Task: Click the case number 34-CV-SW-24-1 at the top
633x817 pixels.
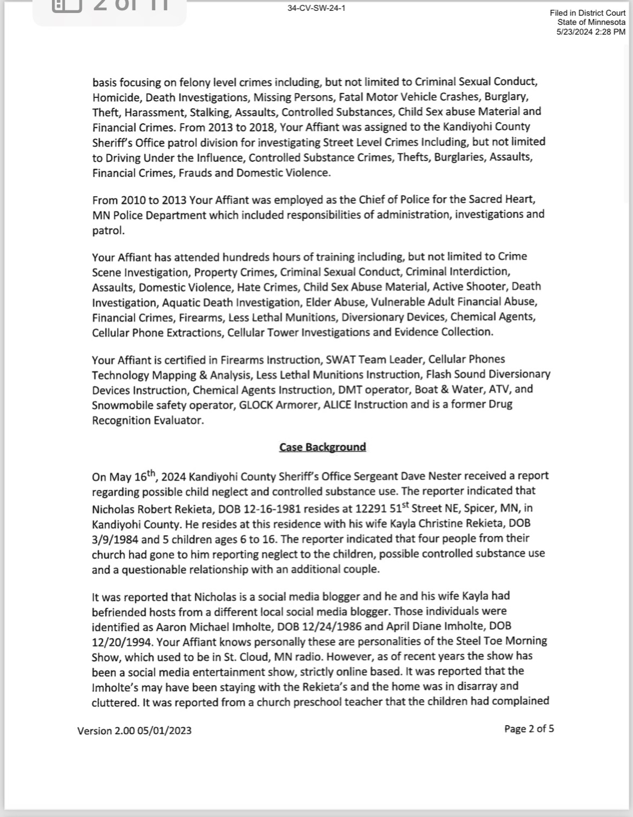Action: pos(316,9)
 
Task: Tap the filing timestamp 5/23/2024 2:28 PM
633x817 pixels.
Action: pos(591,32)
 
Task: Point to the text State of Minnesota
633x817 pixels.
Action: pos(591,22)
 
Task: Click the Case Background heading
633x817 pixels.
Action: pos(322,447)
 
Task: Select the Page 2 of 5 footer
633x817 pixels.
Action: pos(529,729)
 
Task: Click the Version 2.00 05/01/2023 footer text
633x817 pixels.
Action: pos(134,731)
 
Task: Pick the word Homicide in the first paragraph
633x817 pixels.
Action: pos(116,98)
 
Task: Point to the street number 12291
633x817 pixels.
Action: pos(370,509)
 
